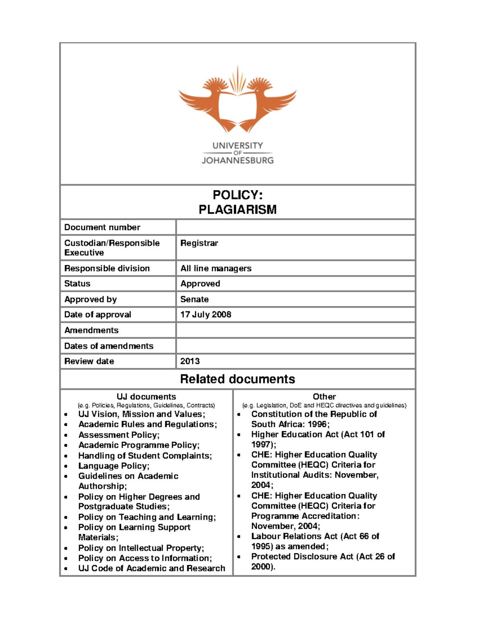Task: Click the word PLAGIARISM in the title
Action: point(238,210)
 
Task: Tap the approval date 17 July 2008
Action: point(206,314)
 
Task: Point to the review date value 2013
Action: point(190,361)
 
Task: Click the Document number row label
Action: point(102,227)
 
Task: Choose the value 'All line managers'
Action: point(216,268)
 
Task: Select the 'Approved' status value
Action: point(200,283)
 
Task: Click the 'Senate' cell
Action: point(194,299)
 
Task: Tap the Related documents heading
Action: point(238,379)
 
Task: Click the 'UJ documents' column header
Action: point(146,397)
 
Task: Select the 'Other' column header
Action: point(324,397)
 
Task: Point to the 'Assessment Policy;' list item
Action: point(119,435)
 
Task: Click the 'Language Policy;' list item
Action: point(114,466)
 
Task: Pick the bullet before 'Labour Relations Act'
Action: point(239,537)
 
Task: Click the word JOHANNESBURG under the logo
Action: point(238,160)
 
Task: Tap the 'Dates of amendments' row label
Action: point(109,346)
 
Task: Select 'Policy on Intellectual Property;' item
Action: point(141,548)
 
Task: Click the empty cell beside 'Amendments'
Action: point(295,330)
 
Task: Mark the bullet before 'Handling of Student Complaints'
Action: point(66,456)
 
